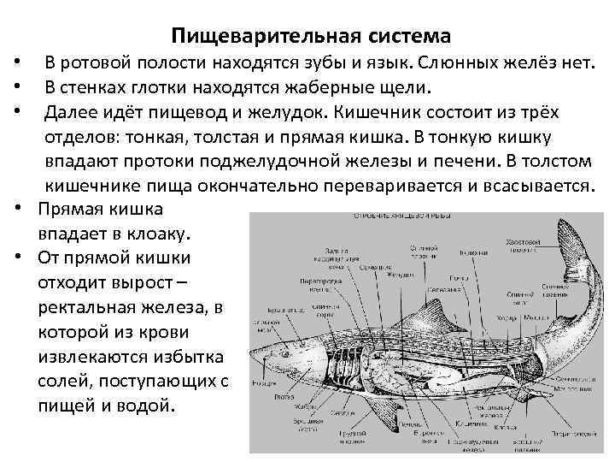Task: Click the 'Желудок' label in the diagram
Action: [399, 275]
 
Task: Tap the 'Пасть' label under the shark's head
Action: [278, 399]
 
